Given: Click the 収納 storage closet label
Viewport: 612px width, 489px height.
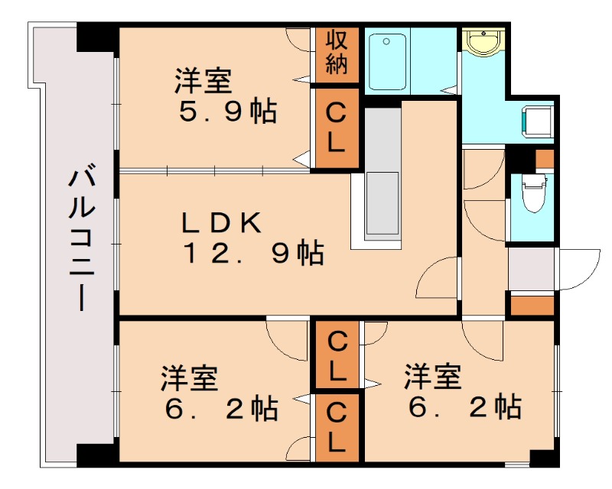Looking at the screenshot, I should [336, 53].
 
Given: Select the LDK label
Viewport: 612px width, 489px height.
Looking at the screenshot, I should [222, 222].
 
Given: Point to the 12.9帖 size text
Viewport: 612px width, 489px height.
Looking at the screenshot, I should [252, 253].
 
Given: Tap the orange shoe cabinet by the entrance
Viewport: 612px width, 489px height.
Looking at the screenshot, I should [531, 305].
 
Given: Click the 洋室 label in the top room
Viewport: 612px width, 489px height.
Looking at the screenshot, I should [203, 79].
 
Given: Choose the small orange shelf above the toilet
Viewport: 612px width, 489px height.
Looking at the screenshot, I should [544, 159].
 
